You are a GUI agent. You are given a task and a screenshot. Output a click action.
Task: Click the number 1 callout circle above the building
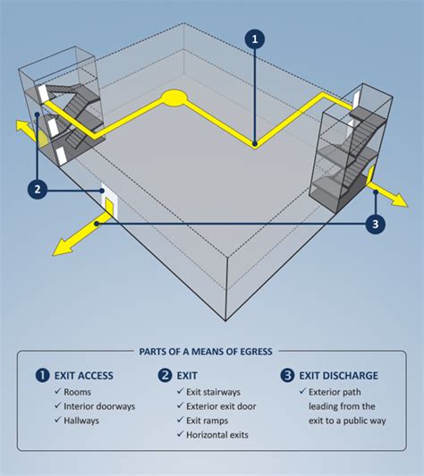[x=256, y=39]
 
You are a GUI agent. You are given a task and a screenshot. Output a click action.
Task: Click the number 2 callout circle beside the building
[x=37, y=189]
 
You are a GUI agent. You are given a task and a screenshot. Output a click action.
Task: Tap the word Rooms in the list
[x=77, y=391]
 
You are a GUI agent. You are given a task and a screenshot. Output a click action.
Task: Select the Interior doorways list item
[x=99, y=405]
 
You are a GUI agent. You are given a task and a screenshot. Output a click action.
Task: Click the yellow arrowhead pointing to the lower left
[x=61, y=247]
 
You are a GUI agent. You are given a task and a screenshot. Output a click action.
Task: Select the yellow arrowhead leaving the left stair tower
[x=18, y=126]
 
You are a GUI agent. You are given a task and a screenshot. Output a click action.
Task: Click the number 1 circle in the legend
[x=41, y=375]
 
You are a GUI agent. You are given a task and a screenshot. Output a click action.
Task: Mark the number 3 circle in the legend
[x=287, y=375]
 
